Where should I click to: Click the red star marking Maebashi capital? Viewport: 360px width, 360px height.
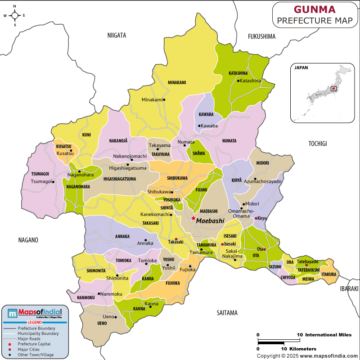[x=193, y=218]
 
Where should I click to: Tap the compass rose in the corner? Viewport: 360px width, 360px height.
[x=14, y=15]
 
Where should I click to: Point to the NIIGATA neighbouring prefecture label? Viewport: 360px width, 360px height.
[x=117, y=35]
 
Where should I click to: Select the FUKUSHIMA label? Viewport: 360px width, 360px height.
[x=261, y=36]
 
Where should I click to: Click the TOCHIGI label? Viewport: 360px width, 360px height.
[x=317, y=144]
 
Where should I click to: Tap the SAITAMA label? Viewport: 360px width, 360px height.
[x=227, y=313]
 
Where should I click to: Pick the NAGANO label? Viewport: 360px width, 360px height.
[x=28, y=240]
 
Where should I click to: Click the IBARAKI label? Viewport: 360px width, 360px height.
[x=349, y=288]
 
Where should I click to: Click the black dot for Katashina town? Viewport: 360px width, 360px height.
[x=238, y=81]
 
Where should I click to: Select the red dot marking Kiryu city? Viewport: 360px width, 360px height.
[x=256, y=218]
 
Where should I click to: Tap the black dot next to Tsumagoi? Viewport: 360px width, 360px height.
[x=53, y=182]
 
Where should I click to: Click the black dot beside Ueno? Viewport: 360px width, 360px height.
[x=116, y=317]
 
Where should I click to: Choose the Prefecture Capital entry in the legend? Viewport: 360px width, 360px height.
[x=34, y=344]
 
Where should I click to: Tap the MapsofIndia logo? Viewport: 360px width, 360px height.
[x=35, y=313]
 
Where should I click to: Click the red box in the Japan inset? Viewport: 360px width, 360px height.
[x=333, y=89]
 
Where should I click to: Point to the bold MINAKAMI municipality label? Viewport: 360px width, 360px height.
[x=177, y=82]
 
